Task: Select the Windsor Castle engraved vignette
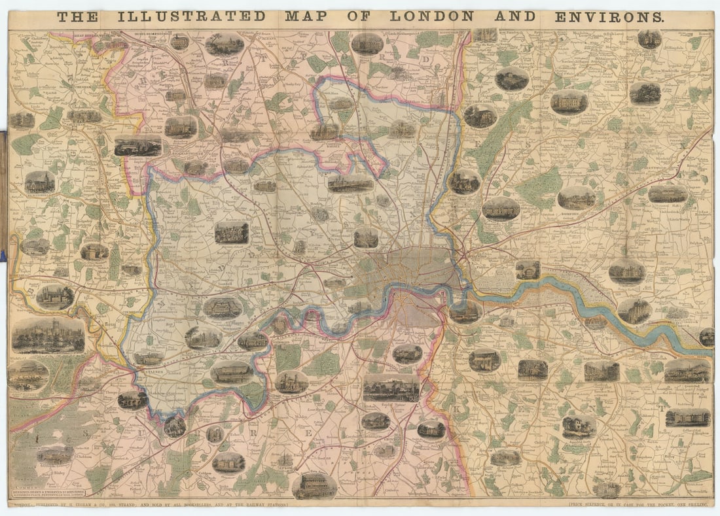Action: click(x=48, y=335)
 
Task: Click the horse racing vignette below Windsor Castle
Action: click(x=27, y=375)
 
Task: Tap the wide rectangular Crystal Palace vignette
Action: click(x=391, y=388)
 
